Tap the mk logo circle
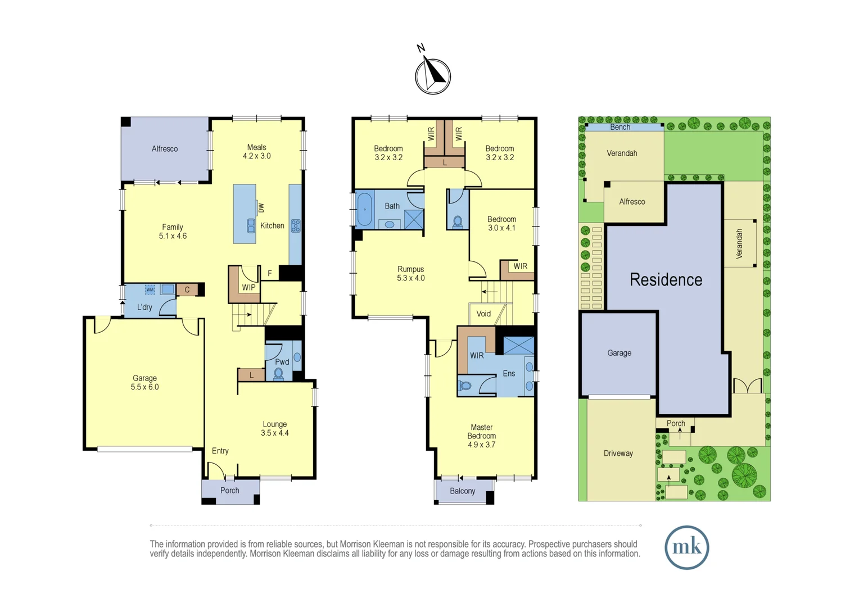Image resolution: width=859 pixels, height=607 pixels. click(686, 547)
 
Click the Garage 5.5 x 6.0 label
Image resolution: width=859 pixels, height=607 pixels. click(144, 382)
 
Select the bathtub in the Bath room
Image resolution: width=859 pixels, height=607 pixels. click(364, 210)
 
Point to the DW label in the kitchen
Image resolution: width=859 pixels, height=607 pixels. click(261, 208)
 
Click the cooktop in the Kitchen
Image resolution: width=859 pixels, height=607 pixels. click(296, 226)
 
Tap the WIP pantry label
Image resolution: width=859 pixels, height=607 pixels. click(248, 287)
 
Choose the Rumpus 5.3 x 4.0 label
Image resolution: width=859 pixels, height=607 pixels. click(411, 273)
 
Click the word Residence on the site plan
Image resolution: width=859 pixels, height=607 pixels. click(666, 279)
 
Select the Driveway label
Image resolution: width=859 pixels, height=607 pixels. click(618, 453)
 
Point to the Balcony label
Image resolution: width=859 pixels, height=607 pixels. click(463, 491)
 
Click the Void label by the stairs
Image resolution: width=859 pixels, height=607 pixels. click(483, 314)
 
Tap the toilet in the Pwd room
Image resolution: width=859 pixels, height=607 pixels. click(279, 374)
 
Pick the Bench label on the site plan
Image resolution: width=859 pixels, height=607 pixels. click(620, 127)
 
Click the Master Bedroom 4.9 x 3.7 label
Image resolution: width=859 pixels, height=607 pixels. click(482, 436)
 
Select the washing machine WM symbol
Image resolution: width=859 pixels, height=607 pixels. click(150, 289)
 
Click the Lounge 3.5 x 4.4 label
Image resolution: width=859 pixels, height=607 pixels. click(274, 428)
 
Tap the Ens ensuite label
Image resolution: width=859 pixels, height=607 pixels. click(509, 374)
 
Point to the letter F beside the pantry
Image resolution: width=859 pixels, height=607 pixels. click(270, 273)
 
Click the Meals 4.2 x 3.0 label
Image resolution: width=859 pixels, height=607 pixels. click(256, 151)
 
